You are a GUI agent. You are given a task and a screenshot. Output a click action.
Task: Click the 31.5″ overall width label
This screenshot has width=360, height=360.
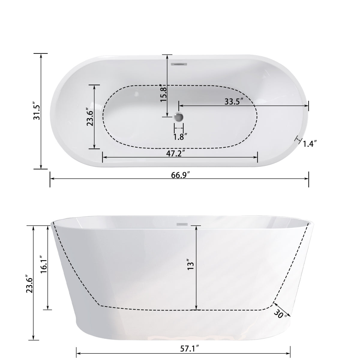(37, 112)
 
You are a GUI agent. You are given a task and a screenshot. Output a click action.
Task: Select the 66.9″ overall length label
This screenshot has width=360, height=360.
(179, 175)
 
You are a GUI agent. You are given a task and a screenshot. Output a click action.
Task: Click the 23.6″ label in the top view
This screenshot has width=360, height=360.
(89, 117)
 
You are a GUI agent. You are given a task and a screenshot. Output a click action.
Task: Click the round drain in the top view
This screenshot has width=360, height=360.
(179, 116)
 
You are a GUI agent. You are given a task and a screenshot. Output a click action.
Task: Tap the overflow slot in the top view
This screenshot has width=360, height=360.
(179, 64)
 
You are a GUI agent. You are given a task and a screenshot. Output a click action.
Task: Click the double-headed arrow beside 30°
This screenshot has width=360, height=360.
(281, 307)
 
